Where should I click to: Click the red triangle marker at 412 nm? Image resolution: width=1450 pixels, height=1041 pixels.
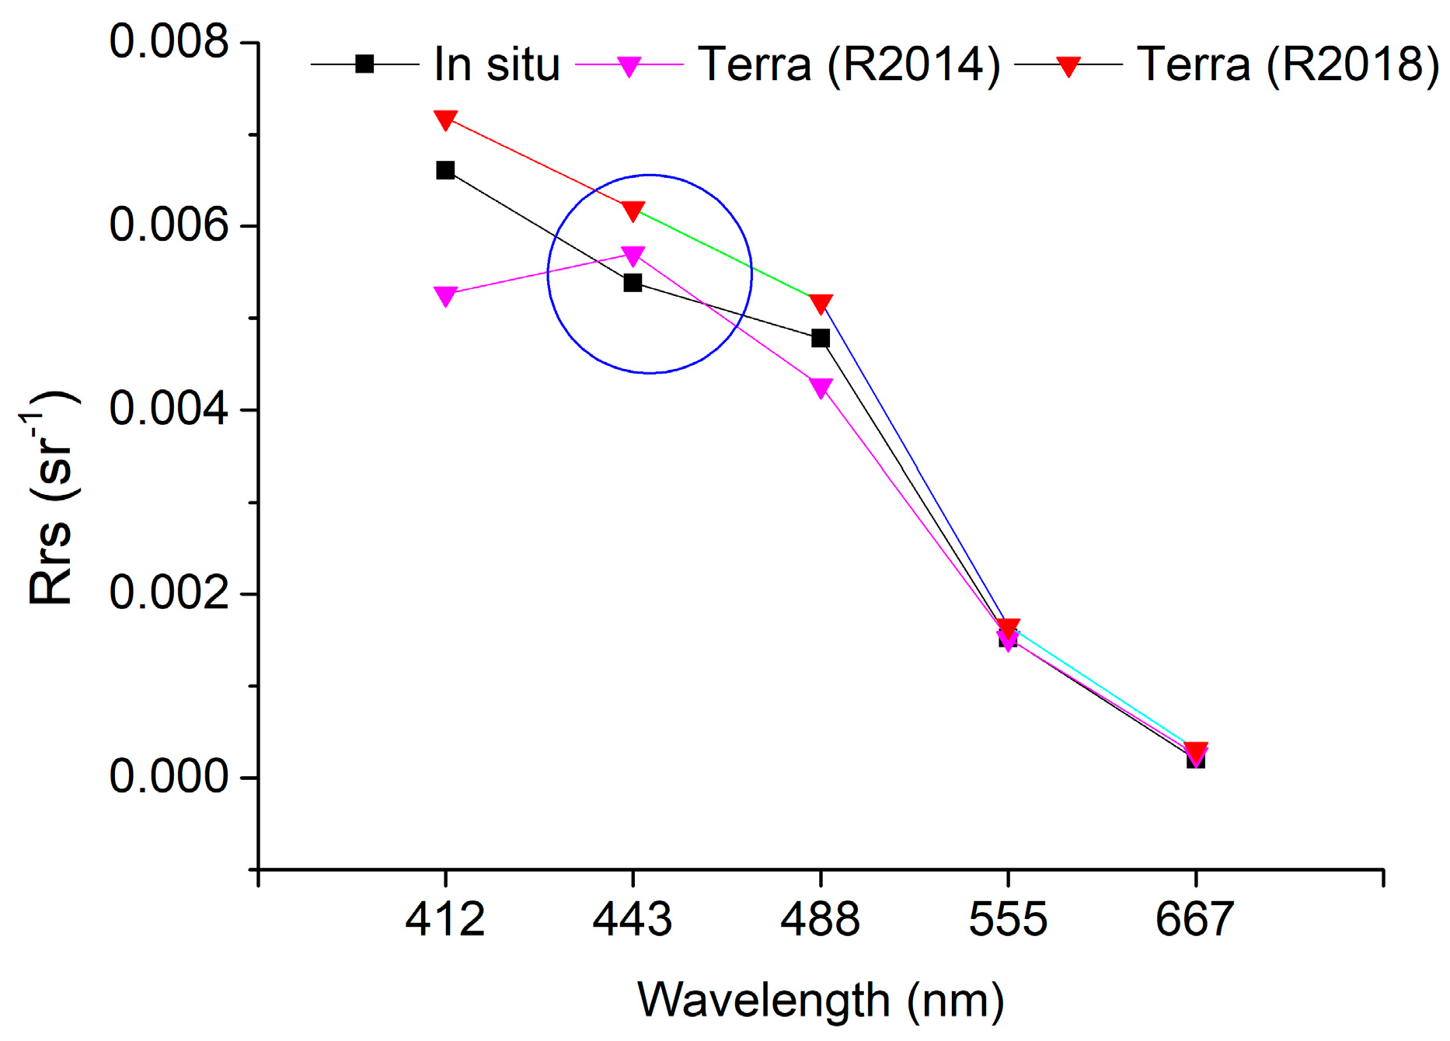(445, 120)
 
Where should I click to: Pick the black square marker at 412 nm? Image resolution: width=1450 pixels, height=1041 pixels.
(445, 170)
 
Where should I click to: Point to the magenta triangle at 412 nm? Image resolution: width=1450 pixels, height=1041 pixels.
(445, 295)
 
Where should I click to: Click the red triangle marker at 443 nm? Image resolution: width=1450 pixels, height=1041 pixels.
(633, 211)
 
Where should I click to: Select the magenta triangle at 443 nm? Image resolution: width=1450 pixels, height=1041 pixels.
(633, 256)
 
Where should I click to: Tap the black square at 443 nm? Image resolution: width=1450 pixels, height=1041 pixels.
(633, 283)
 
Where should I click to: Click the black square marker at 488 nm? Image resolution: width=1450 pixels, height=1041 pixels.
(821, 338)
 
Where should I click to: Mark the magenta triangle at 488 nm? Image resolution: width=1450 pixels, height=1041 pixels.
(821, 387)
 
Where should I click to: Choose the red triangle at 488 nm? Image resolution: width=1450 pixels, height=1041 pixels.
(821, 303)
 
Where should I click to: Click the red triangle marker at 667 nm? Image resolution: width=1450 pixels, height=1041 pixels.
(1196, 751)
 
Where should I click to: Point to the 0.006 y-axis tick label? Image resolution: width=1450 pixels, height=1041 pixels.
(169, 225)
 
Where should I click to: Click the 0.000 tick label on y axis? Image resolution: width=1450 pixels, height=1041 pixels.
(169, 776)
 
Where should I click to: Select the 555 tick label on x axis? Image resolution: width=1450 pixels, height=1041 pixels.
(1008, 920)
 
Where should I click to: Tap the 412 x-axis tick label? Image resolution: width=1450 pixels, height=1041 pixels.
(445, 920)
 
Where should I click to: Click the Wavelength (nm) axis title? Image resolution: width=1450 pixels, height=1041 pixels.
(821, 1001)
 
